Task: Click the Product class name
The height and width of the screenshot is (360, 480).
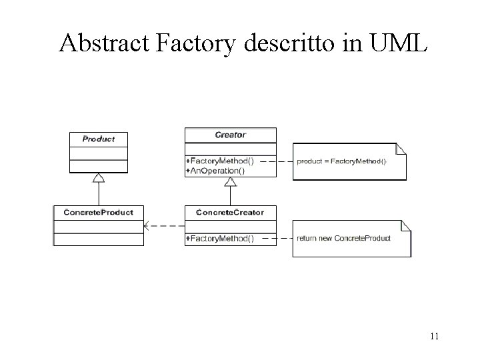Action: click(99, 139)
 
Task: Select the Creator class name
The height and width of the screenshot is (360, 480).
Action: click(230, 135)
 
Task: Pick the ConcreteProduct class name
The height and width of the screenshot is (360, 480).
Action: click(99, 212)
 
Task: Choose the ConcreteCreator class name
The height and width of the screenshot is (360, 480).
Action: click(230, 212)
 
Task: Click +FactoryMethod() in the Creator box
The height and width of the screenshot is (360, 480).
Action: click(220, 161)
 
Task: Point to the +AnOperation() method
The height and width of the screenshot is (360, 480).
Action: click(216, 170)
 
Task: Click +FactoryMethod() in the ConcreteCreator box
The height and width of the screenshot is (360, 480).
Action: click(220, 238)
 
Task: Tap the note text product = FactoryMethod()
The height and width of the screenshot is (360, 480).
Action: click(341, 161)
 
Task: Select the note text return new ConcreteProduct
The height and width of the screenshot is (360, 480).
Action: click(344, 238)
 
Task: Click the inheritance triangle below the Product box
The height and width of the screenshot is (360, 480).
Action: click(99, 178)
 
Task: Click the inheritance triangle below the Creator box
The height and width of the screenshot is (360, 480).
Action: click(230, 182)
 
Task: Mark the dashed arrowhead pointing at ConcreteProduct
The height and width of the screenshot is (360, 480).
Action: click(148, 226)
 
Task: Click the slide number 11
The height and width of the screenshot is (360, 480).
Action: click(434, 336)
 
